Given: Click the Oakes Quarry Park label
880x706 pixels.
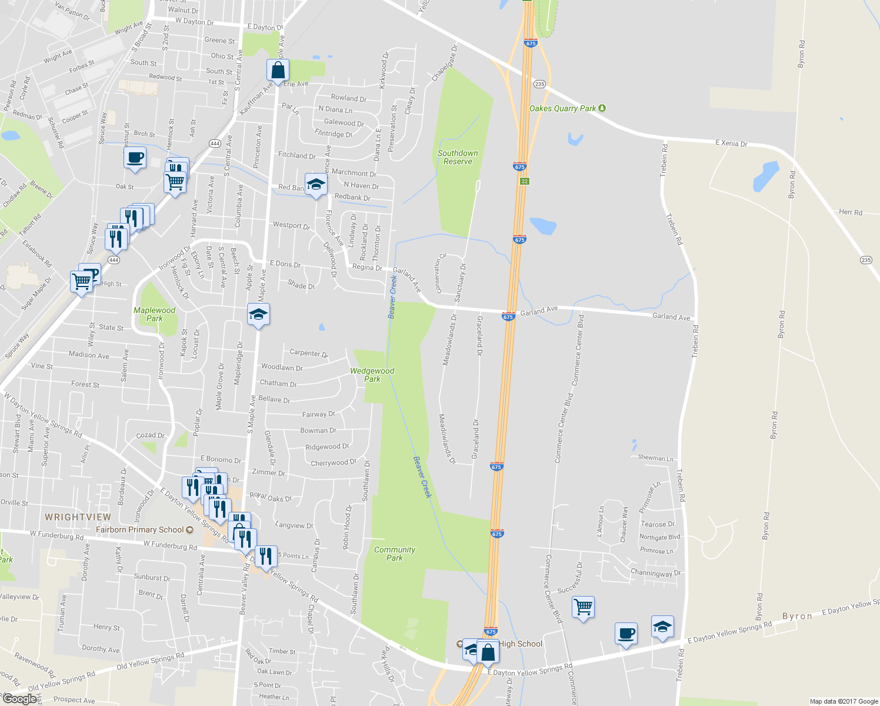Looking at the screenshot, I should (x=563, y=108).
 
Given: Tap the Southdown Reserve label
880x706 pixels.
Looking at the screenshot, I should (x=458, y=157).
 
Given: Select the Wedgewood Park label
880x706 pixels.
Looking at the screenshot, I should (x=372, y=375).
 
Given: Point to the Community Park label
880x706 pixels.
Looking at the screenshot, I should (x=395, y=554).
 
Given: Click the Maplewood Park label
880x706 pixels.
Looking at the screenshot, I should (x=154, y=314).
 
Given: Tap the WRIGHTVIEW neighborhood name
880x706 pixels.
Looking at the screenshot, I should (x=78, y=517).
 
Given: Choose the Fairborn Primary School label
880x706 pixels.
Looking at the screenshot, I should (x=140, y=529).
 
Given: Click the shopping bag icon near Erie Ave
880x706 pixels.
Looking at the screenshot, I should (x=278, y=70).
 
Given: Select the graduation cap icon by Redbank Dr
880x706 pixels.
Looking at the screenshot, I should (x=316, y=185).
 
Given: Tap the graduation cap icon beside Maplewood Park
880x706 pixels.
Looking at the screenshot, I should (x=258, y=315).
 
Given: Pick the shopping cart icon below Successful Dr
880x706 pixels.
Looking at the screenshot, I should (x=583, y=606).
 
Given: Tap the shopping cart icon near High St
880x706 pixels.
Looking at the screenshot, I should (x=82, y=281).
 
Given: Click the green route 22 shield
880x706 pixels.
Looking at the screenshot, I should (x=525, y=181).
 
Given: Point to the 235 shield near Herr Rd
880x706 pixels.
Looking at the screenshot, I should (x=866, y=260).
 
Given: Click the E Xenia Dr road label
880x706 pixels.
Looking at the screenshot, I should (x=731, y=143).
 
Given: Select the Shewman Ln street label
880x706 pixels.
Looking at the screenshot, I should (x=655, y=458).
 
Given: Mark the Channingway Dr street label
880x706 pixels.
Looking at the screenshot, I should (x=655, y=572).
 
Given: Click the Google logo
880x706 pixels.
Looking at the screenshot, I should (x=19, y=698).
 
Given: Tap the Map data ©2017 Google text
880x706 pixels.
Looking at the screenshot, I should (x=844, y=701).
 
